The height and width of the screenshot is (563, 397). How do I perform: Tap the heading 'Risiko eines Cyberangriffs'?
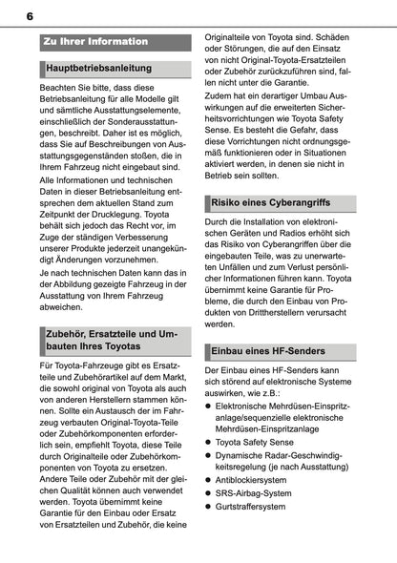click(x=272, y=230)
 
